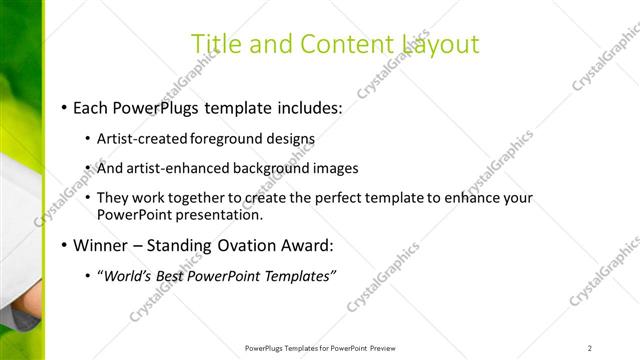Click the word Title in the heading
215,44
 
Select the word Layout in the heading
440,44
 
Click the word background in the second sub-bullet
271,168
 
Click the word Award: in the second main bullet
309,245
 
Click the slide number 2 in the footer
590,348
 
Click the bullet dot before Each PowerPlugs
65,107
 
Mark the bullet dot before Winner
65,245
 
